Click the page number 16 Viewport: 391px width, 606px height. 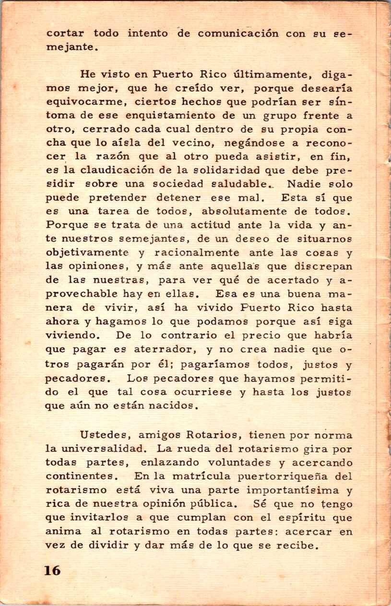click(52, 570)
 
